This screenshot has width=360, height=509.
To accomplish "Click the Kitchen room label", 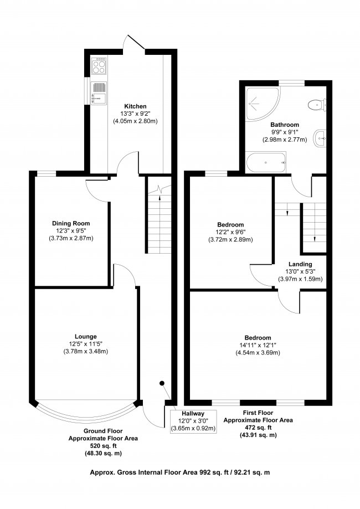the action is (x=135, y=106).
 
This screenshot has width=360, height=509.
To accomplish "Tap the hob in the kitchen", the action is (x=99, y=66).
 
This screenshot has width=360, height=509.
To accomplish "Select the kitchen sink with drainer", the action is (x=99, y=93).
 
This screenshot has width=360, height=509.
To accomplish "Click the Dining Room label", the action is (x=71, y=223).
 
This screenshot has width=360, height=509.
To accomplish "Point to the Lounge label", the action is (x=86, y=337).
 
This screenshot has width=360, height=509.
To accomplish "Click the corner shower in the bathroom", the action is (x=262, y=104).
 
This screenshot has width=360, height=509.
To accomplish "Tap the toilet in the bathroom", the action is (x=316, y=105).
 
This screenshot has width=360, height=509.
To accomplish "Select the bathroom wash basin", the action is (x=320, y=138).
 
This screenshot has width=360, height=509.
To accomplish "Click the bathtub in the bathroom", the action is (x=266, y=162).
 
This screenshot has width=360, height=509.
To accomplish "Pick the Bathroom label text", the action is (x=284, y=125).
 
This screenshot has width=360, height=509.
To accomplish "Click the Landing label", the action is (x=300, y=264).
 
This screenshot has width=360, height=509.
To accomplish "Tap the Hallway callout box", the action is (x=193, y=421).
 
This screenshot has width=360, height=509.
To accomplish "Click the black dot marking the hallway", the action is (x=162, y=383).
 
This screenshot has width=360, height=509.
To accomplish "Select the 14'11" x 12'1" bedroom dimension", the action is (x=258, y=345).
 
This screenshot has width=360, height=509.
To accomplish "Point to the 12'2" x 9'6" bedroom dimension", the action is (x=230, y=233).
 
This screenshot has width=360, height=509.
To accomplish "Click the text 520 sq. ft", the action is (x=103, y=446).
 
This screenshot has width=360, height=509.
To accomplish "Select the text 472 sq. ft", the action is (x=258, y=428).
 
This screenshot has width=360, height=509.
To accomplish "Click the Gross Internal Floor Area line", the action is (x=180, y=472).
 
